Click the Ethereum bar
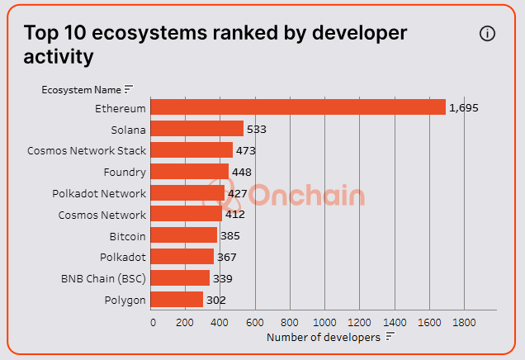tap(299, 107)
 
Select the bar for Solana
tap(198, 129)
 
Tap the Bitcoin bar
tap(185, 235)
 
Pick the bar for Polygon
tap(177, 299)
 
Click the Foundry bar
tap(191, 172)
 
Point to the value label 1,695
tap(464, 107)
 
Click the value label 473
tap(246, 150)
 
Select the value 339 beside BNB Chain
tap(223, 278)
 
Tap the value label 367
tap(227, 257)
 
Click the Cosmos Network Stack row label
tap(87, 150)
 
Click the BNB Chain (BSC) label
tap(103, 278)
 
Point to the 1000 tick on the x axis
tap(325, 321)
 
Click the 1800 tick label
tap(464, 321)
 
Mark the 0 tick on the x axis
tap(153, 321)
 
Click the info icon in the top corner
tap(487, 33)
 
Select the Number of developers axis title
tap(324, 337)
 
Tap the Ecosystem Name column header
tap(81, 89)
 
